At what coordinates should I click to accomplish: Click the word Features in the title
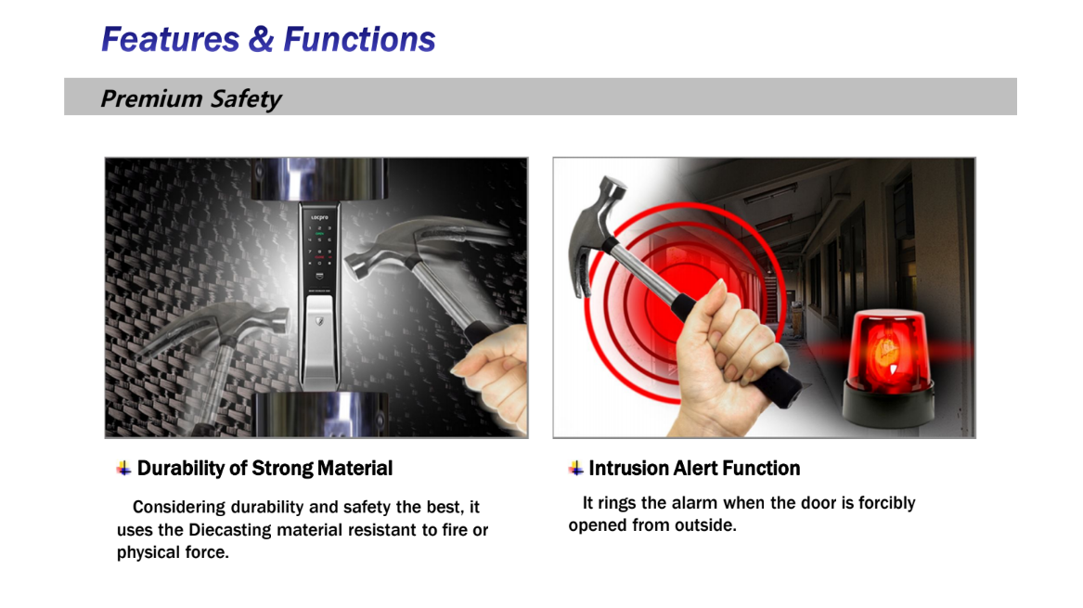tap(171, 39)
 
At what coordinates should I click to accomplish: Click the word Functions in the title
tap(359, 39)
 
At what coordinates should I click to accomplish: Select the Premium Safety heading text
tap(190, 98)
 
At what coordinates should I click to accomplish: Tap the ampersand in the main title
tap(261, 39)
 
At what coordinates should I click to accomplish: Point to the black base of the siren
tap(889, 407)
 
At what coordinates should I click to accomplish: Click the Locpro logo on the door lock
tap(319, 217)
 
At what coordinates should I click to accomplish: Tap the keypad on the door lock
tap(319, 245)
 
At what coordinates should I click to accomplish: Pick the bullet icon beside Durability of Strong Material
tap(123, 469)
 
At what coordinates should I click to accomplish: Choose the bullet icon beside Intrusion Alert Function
tap(576, 469)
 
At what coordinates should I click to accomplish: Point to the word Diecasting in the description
tap(230, 530)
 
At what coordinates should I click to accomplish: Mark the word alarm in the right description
tap(693, 503)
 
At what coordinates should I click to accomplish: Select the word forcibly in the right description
tap(887, 504)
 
